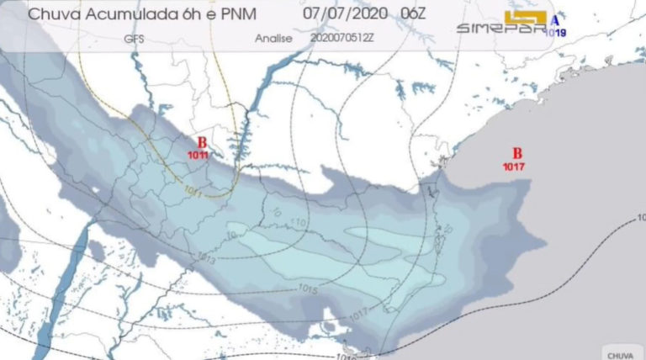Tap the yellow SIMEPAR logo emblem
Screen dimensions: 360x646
(525, 17)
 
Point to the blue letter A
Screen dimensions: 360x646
(553, 19)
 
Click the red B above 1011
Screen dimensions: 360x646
(201, 143)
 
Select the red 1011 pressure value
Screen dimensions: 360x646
(199, 156)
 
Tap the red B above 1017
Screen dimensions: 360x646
(517, 153)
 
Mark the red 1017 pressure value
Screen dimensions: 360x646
(515, 167)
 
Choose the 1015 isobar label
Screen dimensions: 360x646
(309, 290)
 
